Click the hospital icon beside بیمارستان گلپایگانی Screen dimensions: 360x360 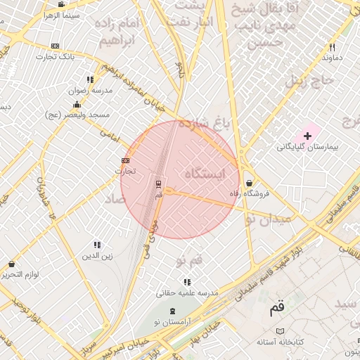(x=307, y=135)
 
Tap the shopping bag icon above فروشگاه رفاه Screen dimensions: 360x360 (x=250, y=183)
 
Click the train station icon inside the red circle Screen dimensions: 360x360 (x=158, y=184)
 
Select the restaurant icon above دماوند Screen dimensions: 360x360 (x=332, y=47)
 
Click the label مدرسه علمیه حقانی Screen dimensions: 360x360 (x=188, y=292)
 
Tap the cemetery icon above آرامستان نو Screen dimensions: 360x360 (x=173, y=311)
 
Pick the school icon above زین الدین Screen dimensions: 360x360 (x=97, y=245)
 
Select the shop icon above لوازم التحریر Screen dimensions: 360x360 (x=12, y=264)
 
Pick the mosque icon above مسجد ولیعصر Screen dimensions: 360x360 (x=77, y=104)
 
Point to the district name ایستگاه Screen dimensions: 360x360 (x=207, y=173)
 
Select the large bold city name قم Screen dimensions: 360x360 (x=278, y=308)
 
